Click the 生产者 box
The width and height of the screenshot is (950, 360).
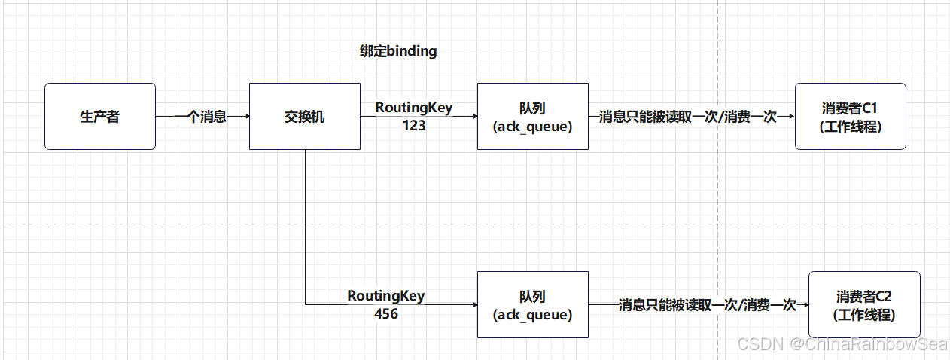[100, 117]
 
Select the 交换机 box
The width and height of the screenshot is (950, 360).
[305, 117]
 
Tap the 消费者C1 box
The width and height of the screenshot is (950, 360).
[850, 117]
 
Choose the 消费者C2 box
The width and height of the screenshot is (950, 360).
[863, 304]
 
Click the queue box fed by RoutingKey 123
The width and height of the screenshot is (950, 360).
[533, 117]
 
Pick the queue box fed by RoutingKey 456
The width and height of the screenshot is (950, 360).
[533, 304]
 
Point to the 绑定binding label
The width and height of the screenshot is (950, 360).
[398, 52]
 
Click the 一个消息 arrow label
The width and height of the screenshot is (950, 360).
[200, 117]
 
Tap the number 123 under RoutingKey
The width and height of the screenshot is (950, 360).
[414, 126]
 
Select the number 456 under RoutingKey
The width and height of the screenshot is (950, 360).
[386, 313]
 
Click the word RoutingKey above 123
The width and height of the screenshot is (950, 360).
[414, 108]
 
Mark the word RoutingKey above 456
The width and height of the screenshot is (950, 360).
[386, 296]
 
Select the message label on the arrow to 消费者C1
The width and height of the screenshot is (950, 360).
[687, 117]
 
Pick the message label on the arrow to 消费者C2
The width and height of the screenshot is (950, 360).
[707, 304]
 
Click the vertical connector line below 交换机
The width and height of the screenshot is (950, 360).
[306, 226]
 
